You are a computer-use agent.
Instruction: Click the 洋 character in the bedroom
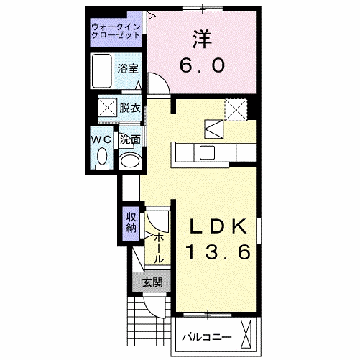pyautogui.click(x=201, y=39)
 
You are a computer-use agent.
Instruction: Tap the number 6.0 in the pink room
pyautogui.click(x=202, y=65)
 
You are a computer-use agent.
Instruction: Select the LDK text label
pyautogui.click(x=219, y=226)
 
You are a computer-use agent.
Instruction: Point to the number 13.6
pyautogui.click(x=219, y=252)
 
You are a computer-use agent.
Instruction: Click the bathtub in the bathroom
pyautogui.click(x=102, y=70)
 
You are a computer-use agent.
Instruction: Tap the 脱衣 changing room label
pyautogui.click(x=130, y=109)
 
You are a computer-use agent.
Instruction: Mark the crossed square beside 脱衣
pyautogui.click(x=107, y=109)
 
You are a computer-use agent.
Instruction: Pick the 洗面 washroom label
pyautogui.click(x=130, y=139)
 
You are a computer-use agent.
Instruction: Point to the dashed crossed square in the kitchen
pyautogui.click(x=235, y=109)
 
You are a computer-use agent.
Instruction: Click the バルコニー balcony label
pyautogui.click(x=206, y=336)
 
